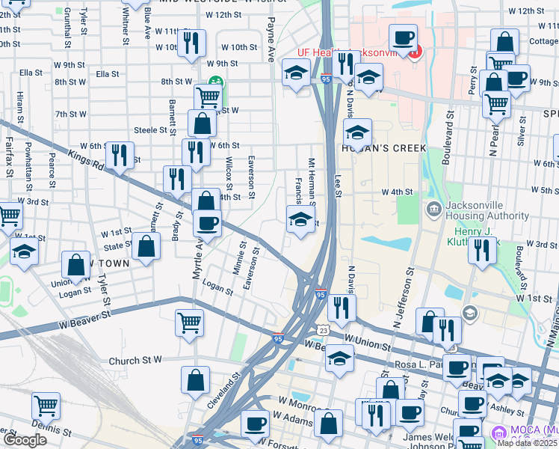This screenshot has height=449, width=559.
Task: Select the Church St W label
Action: [135, 361]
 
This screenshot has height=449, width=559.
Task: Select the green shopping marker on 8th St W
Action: [215, 82]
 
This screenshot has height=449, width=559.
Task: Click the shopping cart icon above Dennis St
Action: [46, 406]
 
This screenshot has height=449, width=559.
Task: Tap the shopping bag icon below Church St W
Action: [195, 379]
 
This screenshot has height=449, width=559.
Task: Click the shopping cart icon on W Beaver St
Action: [189, 322]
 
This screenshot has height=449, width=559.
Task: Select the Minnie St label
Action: [241, 256]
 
